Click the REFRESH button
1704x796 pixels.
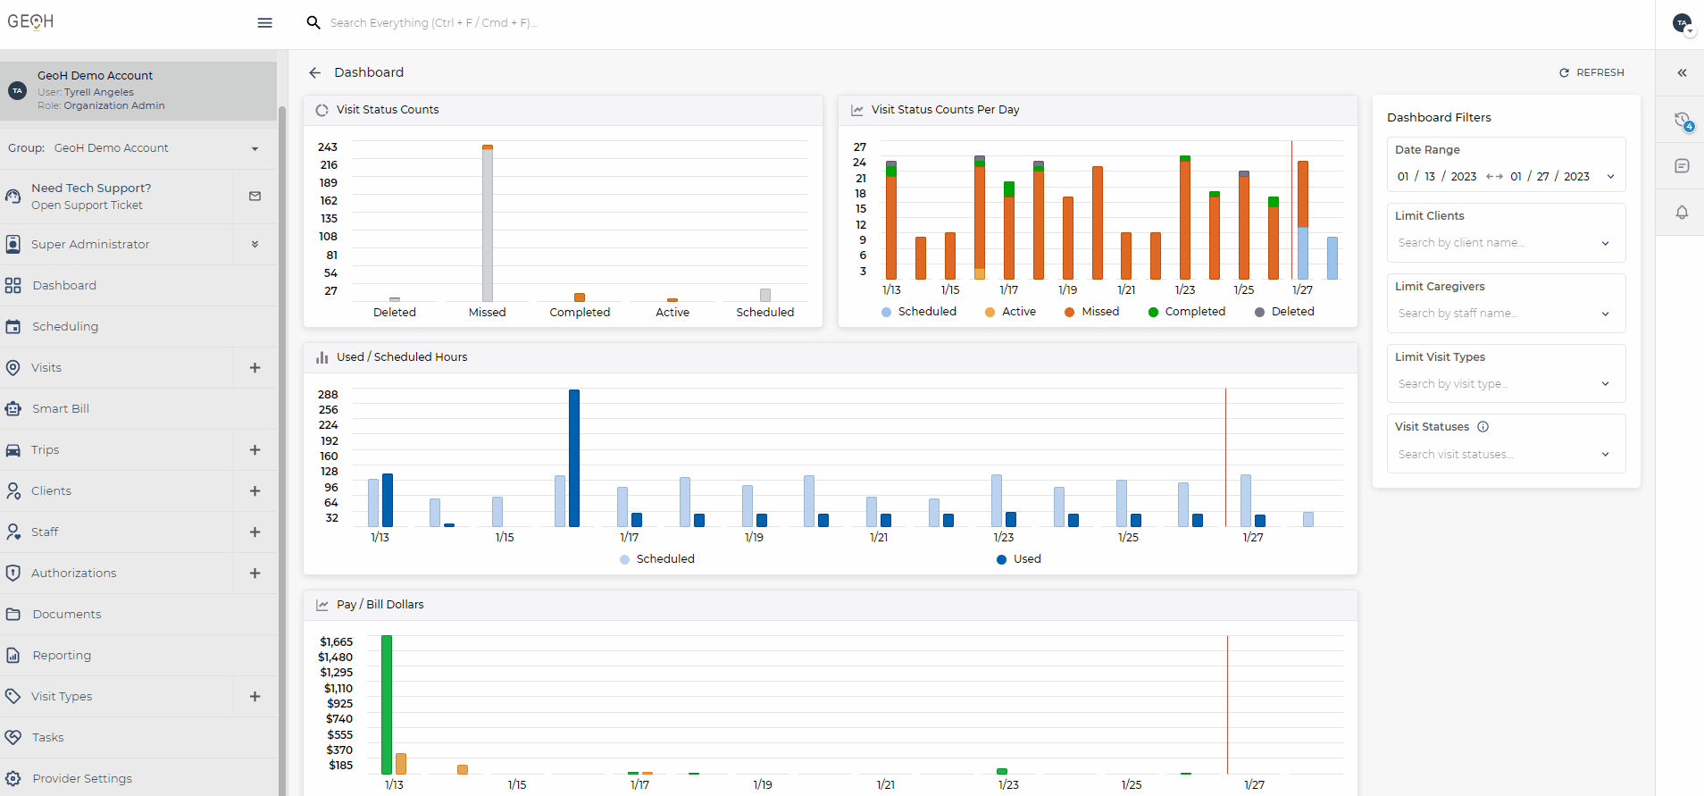click(x=1591, y=72)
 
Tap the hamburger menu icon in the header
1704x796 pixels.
click(x=264, y=23)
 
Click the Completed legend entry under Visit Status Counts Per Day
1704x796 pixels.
click(x=1187, y=312)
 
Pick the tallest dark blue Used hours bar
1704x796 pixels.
click(x=574, y=457)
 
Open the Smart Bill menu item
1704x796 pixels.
click(x=61, y=409)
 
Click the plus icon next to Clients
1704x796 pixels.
click(x=255, y=491)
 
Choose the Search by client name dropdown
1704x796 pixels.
click(x=1505, y=243)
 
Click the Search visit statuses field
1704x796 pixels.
click(x=1505, y=455)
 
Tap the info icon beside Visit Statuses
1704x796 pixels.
click(x=1483, y=427)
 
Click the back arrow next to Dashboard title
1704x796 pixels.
click(x=314, y=73)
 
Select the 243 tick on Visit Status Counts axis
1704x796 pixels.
click(x=328, y=147)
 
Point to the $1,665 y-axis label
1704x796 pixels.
click(x=337, y=642)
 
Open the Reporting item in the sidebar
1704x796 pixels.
click(x=62, y=656)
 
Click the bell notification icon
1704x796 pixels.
click(x=1682, y=213)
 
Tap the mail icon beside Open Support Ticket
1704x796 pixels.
click(x=255, y=197)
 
